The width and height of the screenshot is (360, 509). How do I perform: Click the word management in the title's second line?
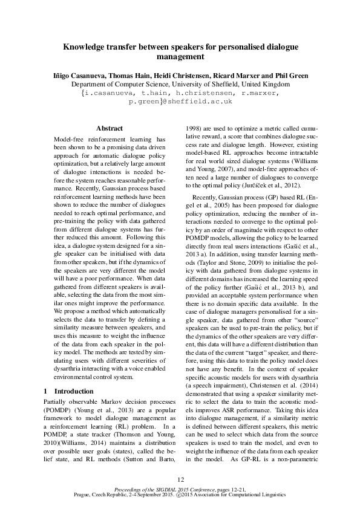coord(180,57)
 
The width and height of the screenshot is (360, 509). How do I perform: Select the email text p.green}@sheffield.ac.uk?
coord(180,103)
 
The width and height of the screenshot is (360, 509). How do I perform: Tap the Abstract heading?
coord(110,129)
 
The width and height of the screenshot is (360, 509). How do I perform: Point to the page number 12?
coord(180,479)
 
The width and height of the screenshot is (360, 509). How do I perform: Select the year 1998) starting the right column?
coord(192,129)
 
